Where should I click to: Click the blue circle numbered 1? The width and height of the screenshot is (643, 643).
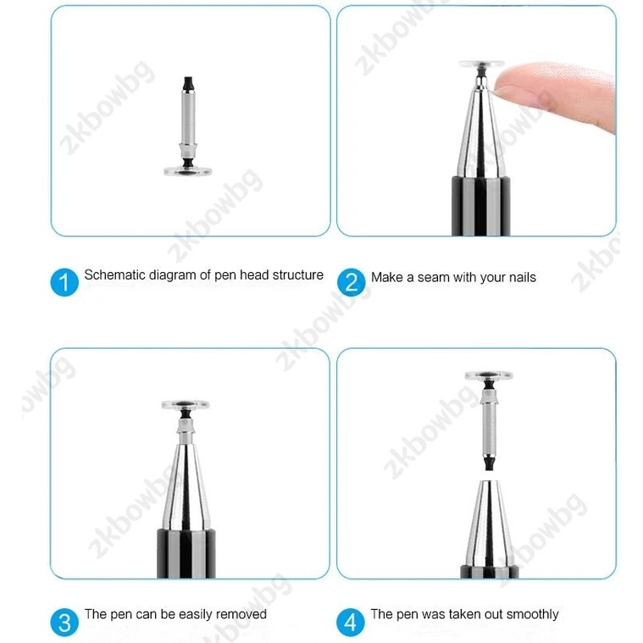click(64, 282)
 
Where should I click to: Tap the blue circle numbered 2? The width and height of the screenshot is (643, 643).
click(351, 282)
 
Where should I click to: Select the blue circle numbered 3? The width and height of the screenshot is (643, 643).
click(64, 622)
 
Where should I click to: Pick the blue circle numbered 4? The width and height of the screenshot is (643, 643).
click(350, 622)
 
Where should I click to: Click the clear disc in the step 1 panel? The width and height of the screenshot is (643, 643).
click(188, 170)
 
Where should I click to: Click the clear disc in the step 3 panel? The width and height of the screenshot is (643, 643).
click(186, 405)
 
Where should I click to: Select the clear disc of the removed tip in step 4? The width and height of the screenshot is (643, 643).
click(489, 375)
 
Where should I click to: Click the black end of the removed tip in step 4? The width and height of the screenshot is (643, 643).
click(489, 463)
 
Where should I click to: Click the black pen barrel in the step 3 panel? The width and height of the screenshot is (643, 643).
click(186, 554)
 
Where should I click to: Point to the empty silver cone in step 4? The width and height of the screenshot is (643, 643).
click(489, 523)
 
